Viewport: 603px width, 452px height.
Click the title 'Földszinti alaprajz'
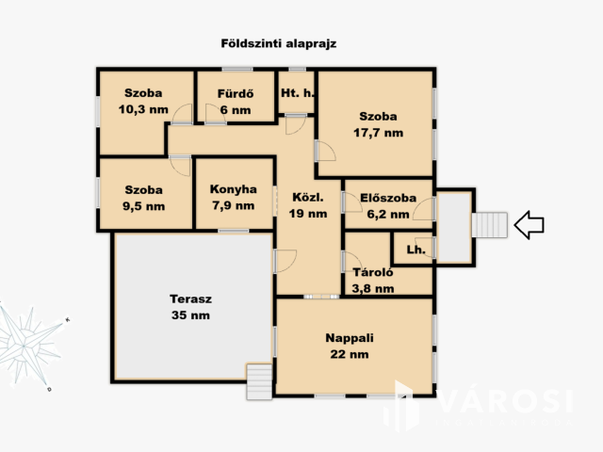tap(279, 43)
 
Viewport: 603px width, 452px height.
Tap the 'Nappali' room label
tap(350, 338)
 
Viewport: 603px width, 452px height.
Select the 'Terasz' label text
tap(190, 299)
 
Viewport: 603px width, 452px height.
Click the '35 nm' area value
tap(190, 315)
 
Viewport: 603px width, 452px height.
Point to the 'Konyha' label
tap(234, 189)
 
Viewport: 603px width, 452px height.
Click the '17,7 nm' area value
tap(379, 133)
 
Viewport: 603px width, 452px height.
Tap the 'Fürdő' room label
tap(236, 93)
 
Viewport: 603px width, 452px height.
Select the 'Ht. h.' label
tap(298, 92)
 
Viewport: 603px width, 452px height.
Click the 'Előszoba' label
tap(388, 198)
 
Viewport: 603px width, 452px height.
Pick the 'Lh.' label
tap(416, 250)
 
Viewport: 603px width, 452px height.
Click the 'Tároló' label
tap(373, 272)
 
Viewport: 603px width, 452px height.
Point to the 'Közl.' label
tap(308, 197)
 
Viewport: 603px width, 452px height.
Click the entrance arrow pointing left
tap(529, 225)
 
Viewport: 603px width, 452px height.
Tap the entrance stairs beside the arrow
tap(489, 225)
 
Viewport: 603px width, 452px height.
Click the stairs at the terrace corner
tap(259, 381)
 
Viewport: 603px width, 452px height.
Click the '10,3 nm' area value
tap(143, 109)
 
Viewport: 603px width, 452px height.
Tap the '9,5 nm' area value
tap(144, 206)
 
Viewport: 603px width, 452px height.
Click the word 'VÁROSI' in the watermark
tap(505, 402)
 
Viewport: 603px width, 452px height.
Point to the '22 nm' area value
tap(350, 354)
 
